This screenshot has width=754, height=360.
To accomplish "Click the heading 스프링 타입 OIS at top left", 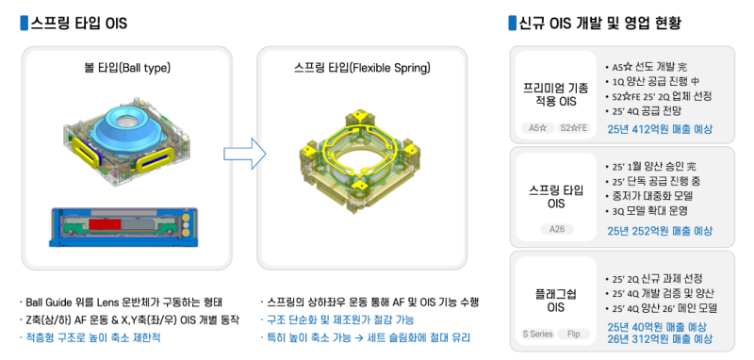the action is pos(79,23).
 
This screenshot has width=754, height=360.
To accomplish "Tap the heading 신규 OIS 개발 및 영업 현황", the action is pos(599,23).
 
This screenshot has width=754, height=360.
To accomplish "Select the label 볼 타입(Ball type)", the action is pos(127,68).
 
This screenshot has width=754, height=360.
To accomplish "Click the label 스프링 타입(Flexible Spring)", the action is pos(362,68).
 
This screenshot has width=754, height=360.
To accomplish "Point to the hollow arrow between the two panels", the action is pos(245,154).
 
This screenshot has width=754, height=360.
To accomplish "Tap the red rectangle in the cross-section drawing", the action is pos(105,224).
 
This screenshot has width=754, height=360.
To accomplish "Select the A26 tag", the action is pos(557,229).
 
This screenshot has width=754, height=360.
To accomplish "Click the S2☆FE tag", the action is pos(574,128).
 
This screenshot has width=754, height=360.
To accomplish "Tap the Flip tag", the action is pos(573,334).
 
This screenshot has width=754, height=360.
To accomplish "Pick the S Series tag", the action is pos(537,334).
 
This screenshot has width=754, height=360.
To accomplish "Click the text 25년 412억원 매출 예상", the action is pos(660,129).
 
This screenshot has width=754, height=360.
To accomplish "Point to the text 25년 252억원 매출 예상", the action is pos(660,231).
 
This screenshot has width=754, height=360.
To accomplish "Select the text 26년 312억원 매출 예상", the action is pos(660,339).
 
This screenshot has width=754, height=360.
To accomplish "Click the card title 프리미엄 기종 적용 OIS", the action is pos(556,94).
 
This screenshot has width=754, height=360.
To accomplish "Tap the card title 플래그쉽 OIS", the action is pos(556,300).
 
